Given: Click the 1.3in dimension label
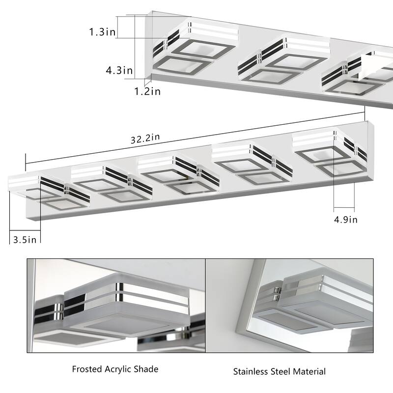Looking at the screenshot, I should point(103,32).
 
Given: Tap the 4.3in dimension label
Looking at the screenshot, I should point(119,71).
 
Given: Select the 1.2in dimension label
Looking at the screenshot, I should point(148,91).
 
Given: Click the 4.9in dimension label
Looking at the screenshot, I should point(345,219).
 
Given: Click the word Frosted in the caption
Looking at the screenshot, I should point(86,369).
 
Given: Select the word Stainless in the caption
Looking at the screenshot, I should point(250,371).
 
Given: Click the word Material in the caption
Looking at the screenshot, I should point(309,371).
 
